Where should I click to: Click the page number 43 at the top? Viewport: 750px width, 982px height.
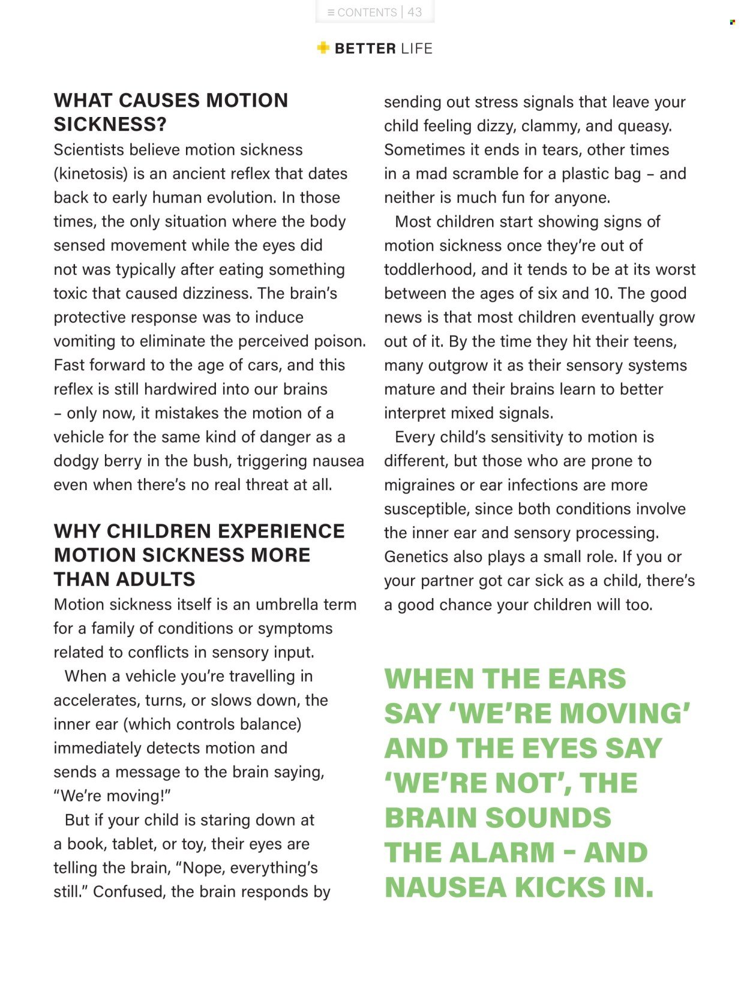point(415,12)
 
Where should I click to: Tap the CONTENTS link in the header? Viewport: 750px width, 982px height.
point(367,13)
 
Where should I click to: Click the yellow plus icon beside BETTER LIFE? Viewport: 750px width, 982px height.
point(323,48)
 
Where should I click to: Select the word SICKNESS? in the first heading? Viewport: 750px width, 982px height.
point(110,124)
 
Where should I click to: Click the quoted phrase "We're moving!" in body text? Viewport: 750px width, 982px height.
point(112,796)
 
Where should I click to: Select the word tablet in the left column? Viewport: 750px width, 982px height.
point(135,844)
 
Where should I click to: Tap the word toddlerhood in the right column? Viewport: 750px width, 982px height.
point(430,269)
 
